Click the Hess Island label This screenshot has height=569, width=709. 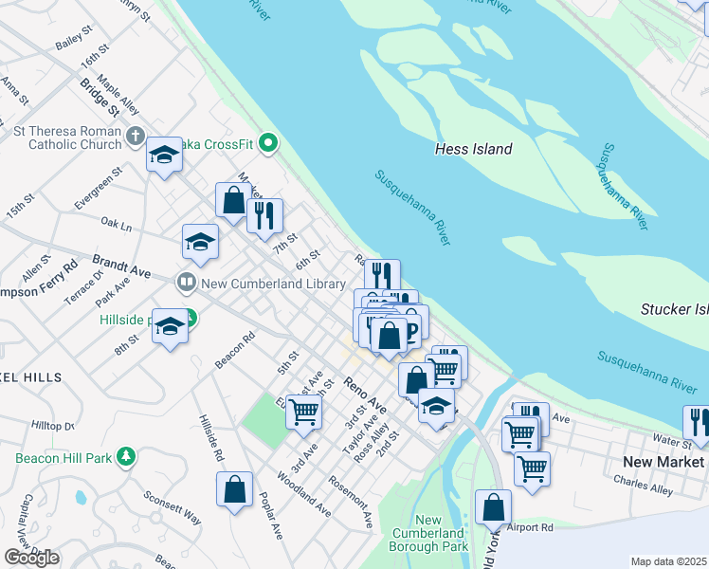coord(473,149)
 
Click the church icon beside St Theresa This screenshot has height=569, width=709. coord(135,136)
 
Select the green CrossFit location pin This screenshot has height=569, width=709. coord(268,144)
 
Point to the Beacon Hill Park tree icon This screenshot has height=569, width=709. coord(125,458)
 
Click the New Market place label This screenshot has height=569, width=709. coord(664,462)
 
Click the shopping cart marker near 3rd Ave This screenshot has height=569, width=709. coord(303,412)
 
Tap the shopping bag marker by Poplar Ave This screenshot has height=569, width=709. coord(234,490)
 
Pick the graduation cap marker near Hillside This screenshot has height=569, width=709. coord(169,327)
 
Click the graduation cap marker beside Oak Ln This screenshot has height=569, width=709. coord(200,242)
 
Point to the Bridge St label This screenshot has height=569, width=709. coord(100,98)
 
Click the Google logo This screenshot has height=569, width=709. coord(31,558)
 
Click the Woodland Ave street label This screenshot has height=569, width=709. coord(303,494)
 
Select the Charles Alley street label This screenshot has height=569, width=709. coord(643,485)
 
